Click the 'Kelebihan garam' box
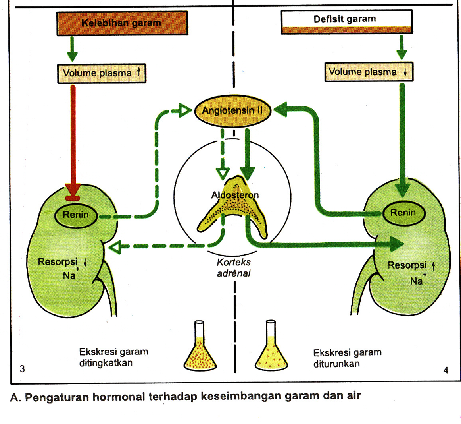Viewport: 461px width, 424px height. click(x=122, y=23)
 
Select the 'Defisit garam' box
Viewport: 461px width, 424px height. click(x=346, y=21)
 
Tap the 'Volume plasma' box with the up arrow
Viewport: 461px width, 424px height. click(x=102, y=73)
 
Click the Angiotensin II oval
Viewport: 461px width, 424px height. click(x=232, y=110)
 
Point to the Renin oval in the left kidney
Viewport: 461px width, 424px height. click(x=76, y=215)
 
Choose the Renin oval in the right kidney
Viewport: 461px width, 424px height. click(x=403, y=213)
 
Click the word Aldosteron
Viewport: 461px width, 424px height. click(x=235, y=195)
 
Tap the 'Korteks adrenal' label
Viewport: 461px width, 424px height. click(x=234, y=268)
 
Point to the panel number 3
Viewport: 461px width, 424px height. click(x=22, y=369)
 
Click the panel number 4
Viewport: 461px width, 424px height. click(x=446, y=370)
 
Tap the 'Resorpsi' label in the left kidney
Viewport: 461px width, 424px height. click(x=58, y=262)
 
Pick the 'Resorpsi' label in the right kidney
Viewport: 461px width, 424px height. click(x=407, y=265)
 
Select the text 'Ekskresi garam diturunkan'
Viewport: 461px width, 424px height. click(x=347, y=358)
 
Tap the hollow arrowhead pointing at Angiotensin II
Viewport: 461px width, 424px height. click(x=184, y=111)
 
